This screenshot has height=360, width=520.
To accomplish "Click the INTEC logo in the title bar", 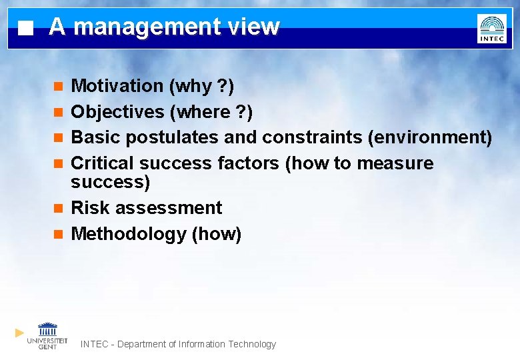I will [491, 29].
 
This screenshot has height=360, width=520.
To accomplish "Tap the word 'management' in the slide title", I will [146, 27].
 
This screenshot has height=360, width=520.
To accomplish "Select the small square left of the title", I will [25, 29].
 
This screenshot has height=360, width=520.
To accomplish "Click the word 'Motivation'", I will [117, 86].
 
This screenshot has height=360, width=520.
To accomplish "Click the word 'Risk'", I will [90, 208].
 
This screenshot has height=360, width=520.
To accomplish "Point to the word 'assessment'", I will [168, 208].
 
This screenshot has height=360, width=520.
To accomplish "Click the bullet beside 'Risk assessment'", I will [58, 209].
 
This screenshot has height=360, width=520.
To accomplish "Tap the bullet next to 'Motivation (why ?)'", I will [58, 87].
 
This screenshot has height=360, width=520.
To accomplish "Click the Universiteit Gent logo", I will [47, 335].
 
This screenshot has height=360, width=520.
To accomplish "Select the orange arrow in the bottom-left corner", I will [19, 332].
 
